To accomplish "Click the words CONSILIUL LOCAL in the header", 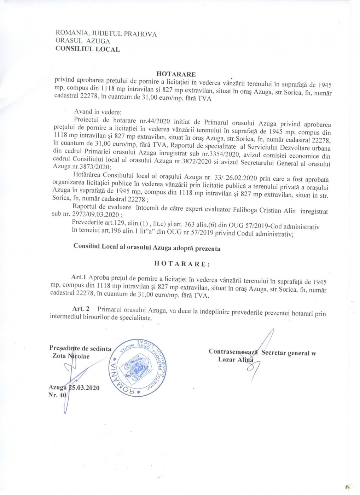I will pos(87,49).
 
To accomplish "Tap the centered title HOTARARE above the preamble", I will pos(176,74).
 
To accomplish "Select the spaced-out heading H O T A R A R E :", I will pos(182,264).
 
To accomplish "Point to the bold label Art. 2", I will pos(81,309).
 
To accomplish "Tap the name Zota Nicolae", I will pos(71,356).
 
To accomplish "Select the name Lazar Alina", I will pos(236,360).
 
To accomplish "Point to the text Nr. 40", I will pos(57,395).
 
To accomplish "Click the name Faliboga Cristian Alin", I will pos(262,210).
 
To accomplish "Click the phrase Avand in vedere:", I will pos(98,112).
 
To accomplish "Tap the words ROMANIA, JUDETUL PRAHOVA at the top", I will pos(106,34).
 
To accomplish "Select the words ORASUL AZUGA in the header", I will pos(83,41).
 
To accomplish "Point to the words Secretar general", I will pos(285,353).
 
